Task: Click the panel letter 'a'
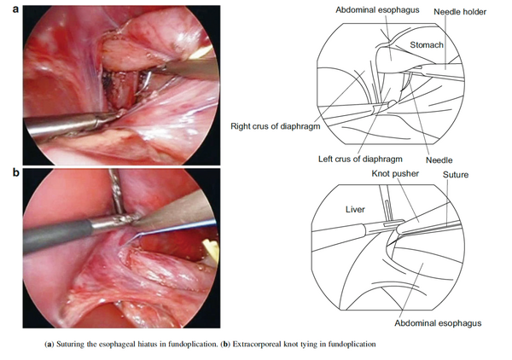15,9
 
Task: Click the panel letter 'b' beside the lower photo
15,172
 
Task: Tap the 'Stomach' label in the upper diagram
427,45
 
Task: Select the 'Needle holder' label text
460,12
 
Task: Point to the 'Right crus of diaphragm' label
276,126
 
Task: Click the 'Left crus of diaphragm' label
360,160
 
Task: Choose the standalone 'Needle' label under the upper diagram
439,160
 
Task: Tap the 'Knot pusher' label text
395,174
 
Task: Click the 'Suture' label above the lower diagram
456,175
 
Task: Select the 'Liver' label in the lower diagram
355,210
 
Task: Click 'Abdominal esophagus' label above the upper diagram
377,10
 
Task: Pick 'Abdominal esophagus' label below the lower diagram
438,323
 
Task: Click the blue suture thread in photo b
173,229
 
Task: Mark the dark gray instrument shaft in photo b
57,235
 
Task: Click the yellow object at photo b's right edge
211,249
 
